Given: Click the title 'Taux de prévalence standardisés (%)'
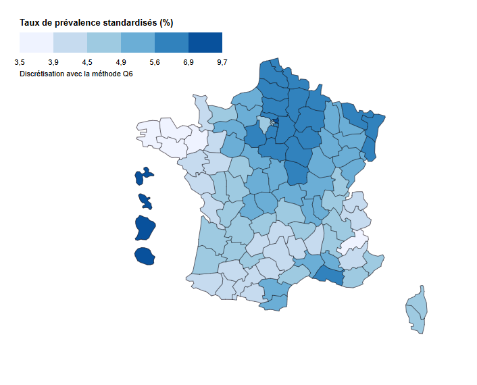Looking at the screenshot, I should pyautogui.click(x=97, y=22).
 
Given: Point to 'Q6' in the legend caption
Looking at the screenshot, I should pyautogui.click(x=127, y=73).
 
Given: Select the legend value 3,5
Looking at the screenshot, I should pyautogui.click(x=20, y=62).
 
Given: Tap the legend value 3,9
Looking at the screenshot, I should pyautogui.click(x=53, y=62).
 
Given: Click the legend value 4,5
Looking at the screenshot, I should pyautogui.click(x=87, y=62).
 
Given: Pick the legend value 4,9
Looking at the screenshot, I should pyautogui.click(x=121, y=62).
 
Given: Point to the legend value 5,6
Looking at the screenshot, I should pyautogui.click(x=155, y=62).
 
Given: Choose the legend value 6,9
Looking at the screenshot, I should pyautogui.click(x=189, y=62).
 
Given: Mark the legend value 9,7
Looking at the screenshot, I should pyautogui.click(x=222, y=62).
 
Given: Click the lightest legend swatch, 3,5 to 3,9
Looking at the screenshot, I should pyautogui.click(x=36, y=43).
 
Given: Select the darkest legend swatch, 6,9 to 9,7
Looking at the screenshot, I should pyautogui.click(x=205, y=43).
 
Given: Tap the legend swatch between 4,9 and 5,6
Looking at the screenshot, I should pyautogui.click(x=138, y=43).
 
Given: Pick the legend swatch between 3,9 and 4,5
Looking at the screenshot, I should pyautogui.click(x=70, y=43).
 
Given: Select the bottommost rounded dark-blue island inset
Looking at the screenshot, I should pyautogui.click(x=143, y=256).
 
